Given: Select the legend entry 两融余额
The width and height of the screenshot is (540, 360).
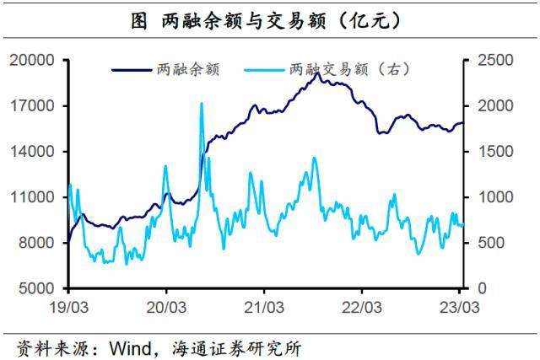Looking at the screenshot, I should pyautogui.click(x=190, y=70).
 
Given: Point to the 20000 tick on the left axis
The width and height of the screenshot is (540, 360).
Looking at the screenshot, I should pyautogui.click(x=32, y=61).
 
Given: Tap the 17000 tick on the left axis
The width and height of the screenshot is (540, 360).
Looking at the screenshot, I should pyautogui.click(x=32, y=106).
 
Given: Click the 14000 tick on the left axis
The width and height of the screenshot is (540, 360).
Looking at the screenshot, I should pyautogui.click(x=32, y=152).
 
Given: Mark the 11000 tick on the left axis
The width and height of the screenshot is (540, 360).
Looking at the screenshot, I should pyautogui.click(x=32, y=197).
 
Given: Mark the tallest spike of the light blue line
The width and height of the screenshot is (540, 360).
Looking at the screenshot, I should pyautogui.click(x=201, y=104).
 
